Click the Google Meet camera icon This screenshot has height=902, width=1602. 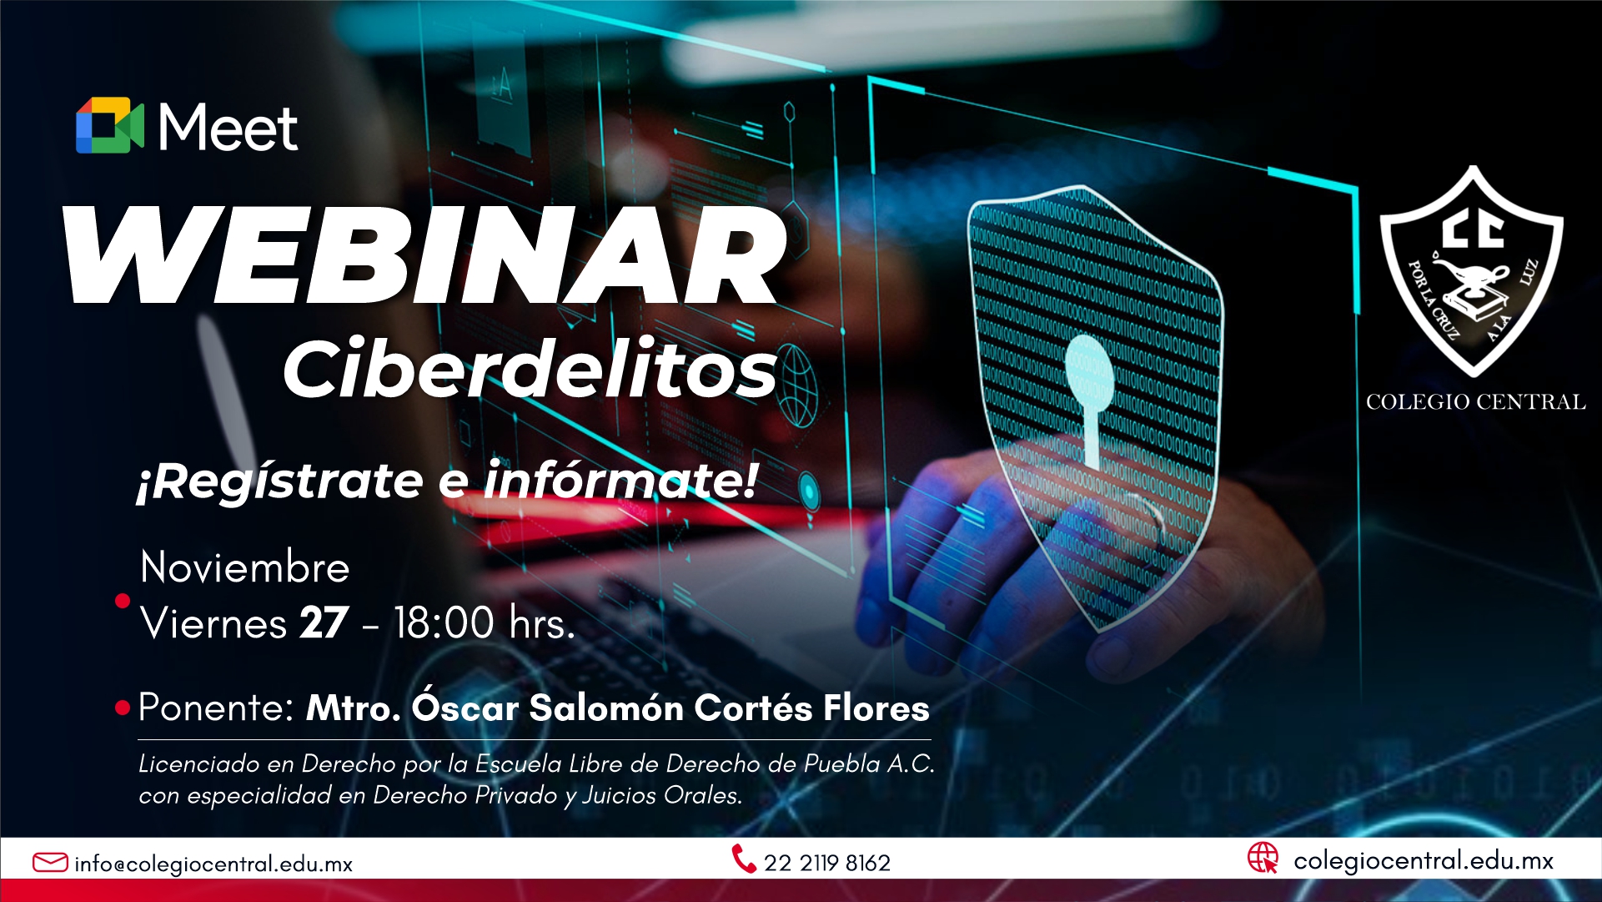pos(110,125)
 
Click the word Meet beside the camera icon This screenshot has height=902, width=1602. pos(228,128)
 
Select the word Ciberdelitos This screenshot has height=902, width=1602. pos(530,368)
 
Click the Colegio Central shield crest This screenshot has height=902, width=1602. pos(1472,271)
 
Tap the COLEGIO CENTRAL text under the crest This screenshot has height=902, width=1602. pos(1475,402)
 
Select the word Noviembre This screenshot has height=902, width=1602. pos(245,567)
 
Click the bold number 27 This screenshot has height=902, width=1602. pos(324,622)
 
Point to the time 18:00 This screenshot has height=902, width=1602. pos(444,622)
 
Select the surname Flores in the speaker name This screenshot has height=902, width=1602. pos(876,708)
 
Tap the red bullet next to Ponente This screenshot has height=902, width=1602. pos(123,708)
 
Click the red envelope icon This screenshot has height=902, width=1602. pos(50,862)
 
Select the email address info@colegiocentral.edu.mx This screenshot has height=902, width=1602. pos(213,864)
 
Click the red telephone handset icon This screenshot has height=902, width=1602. pos(743,859)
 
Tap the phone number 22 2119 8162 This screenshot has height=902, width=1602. pos(827,863)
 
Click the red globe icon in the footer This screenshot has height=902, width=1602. pos(1263,858)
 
